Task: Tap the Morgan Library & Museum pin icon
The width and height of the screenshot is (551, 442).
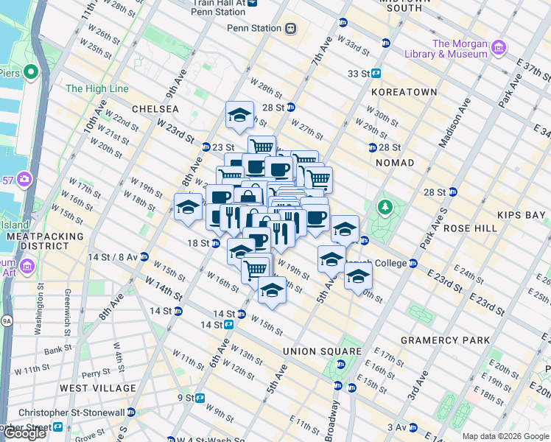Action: pyautogui.click(x=499, y=49)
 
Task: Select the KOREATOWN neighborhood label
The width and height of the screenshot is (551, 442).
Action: pyautogui.click(x=404, y=92)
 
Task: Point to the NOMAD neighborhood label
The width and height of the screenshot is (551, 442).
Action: pyautogui.click(x=396, y=162)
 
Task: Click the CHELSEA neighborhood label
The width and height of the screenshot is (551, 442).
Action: pyautogui.click(x=155, y=108)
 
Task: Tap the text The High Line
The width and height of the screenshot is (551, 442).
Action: pyautogui.click(x=96, y=89)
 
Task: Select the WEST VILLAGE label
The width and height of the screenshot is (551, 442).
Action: pyautogui.click(x=98, y=387)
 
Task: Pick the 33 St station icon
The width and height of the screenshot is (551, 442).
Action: pyautogui.click(x=376, y=74)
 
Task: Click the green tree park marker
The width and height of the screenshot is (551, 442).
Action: pyautogui.click(x=384, y=207)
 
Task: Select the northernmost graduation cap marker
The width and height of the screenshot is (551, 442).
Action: pyautogui.click(x=239, y=115)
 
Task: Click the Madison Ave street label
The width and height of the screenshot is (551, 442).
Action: pyautogui.click(x=453, y=118)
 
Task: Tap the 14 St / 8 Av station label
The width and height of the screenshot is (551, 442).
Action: pyautogui.click(x=113, y=257)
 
